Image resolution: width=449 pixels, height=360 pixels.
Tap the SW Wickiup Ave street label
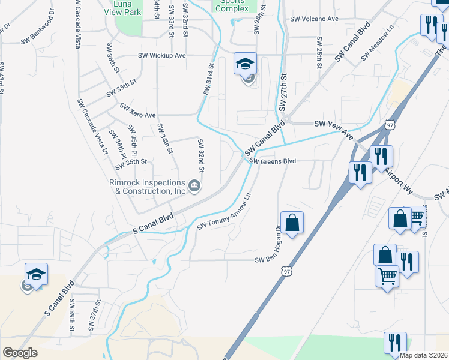pos(162,56)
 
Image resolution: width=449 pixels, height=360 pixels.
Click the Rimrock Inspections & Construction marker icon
pos(194,186)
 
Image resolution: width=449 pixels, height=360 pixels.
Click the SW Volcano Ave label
pos(314,19)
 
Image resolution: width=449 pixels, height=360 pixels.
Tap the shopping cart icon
pos(387,276)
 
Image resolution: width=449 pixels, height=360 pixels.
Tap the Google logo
pos(20,353)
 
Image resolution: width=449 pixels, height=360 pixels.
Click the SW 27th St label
pos(284,93)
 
